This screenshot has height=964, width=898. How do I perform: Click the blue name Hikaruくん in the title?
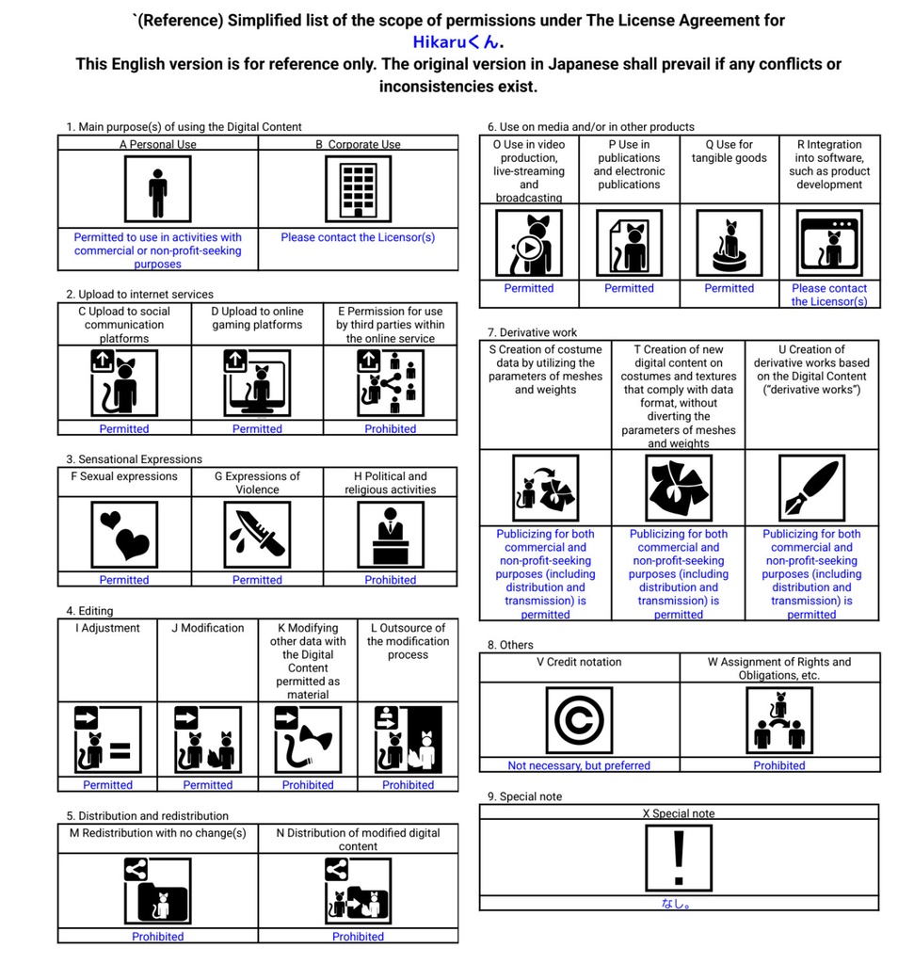(457, 41)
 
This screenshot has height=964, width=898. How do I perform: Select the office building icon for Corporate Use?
(358, 188)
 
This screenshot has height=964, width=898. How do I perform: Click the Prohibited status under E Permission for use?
(390, 428)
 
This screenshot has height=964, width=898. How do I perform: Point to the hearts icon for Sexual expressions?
(124, 534)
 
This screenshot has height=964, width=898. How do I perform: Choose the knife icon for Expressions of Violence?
(257, 534)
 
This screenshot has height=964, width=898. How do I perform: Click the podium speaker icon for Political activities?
(390, 534)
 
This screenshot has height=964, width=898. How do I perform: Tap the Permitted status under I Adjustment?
(107, 784)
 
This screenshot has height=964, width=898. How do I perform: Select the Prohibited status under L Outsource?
(408, 784)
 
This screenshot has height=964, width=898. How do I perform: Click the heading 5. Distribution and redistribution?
(148, 815)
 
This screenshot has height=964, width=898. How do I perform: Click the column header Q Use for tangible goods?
(729, 152)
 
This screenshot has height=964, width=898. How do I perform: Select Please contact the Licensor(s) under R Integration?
(828, 295)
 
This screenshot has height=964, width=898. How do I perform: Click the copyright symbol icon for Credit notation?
(579, 720)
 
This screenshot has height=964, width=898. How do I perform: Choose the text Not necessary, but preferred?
(579, 765)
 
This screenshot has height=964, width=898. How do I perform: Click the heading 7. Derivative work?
(533, 332)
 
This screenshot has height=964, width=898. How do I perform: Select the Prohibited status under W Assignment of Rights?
(778, 765)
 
